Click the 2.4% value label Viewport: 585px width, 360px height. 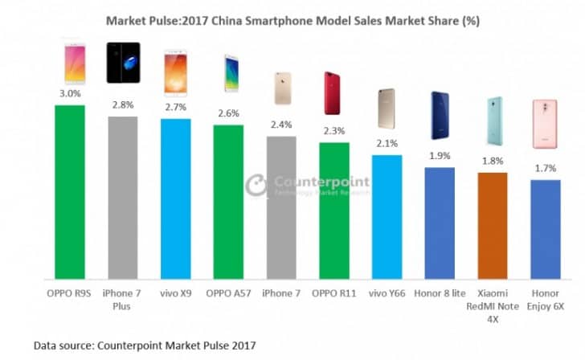(x=281, y=126)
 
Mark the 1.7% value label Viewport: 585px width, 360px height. (x=546, y=170)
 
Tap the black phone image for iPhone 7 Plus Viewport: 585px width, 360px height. (x=123, y=63)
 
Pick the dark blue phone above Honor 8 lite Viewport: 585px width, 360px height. (x=440, y=115)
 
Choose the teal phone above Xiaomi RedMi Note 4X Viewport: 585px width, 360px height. (x=493, y=121)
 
